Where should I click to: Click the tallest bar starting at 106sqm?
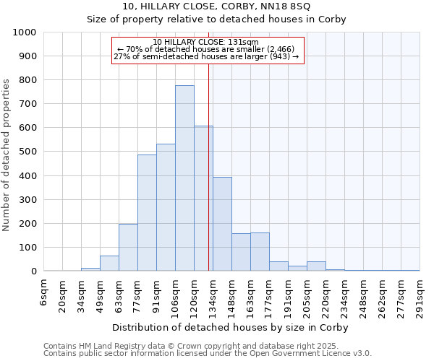coord(184,178)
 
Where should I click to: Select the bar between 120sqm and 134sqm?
coord(203,199)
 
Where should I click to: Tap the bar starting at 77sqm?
coord(147,213)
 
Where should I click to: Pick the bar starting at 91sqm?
coord(166,208)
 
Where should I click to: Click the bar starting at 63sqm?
coord(128,248)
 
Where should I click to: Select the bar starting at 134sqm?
coord(222,224)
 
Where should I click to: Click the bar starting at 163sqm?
coord(260,252)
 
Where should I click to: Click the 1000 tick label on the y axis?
coord(25,32)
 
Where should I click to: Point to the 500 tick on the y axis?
coord(29,152)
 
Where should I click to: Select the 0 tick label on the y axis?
coord(34,271)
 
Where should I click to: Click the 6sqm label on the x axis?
coord(44,293)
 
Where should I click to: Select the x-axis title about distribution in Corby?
coord(231,328)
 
